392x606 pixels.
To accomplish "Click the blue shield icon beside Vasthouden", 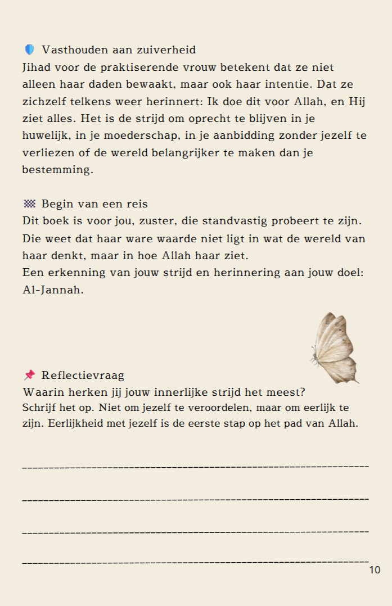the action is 29,50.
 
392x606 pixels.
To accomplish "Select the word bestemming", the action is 57,170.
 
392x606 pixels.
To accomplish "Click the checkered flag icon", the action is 29,203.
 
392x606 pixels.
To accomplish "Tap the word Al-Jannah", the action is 53,291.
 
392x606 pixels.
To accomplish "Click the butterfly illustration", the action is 335,349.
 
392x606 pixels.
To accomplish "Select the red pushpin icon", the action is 29,375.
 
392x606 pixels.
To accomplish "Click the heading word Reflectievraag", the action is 83,375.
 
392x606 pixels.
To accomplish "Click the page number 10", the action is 375,570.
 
